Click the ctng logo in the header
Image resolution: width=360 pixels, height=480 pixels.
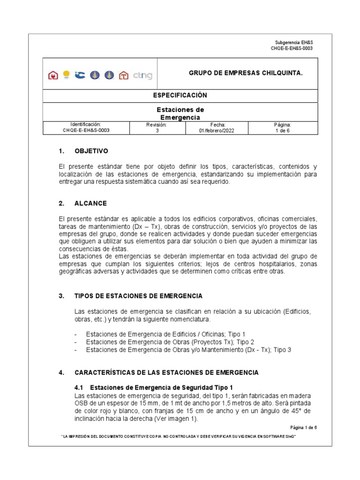tap(142, 75)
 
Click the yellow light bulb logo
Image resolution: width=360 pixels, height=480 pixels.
tap(67, 74)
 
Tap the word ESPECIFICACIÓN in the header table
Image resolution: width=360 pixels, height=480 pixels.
tap(180, 95)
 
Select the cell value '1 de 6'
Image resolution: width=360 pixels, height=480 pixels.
tap(283, 131)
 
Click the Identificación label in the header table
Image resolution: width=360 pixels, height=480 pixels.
tap(86, 125)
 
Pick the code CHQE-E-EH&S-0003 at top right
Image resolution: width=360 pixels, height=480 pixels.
tap(292, 48)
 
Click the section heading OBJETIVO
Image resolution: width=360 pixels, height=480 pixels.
tap(91, 151)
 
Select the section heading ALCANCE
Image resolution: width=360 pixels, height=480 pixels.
tap(90, 203)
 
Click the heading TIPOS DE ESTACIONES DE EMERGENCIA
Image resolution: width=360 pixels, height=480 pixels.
tap(138, 296)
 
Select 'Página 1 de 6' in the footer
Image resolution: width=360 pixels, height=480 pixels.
tap(303, 427)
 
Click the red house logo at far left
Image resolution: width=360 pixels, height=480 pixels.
tap(53, 75)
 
